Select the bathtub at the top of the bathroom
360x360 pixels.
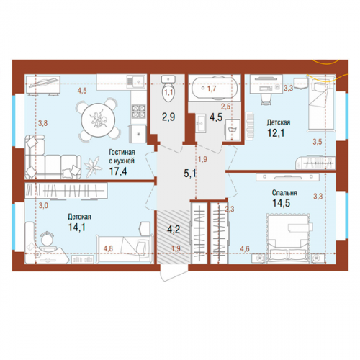coord(215,87)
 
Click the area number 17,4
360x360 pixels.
coord(118,171)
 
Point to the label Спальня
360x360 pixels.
coord(284,193)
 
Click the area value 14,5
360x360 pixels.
coord(281,203)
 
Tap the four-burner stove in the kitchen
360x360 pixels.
coord(139,112)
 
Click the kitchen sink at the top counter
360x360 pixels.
coord(136,81)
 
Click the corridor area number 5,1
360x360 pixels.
coord(190,174)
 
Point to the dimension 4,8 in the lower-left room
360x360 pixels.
coord(108,248)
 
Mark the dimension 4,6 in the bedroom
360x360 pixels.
coord(245,248)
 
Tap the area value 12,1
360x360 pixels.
coord(276,132)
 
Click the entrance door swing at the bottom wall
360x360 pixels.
coord(174,273)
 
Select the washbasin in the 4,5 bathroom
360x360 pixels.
coord(200,123)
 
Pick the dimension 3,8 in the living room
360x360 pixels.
coord(43,123)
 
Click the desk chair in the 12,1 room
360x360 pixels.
coord(265,99)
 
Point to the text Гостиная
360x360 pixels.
coord(122,152)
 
